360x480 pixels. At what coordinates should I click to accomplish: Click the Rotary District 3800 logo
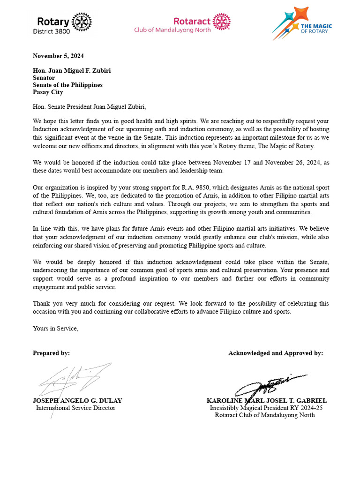pyautogui.click(x=62, y=24)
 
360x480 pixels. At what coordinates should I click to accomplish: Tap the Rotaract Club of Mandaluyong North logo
pyautogui.click(x=182, y=24)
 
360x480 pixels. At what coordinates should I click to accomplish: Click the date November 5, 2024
pyautogui.click(x=58, y=56)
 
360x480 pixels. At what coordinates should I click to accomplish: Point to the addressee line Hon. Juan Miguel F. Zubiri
pyautogui.click(x=72, y=71)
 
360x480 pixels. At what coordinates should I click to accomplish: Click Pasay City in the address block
pyautogui.click(x=48, y=92)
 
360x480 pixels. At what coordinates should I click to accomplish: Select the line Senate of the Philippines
pyautogui.click(x=67, y=85)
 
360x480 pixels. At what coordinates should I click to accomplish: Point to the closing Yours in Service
pyautogui.click(x=55, y=329)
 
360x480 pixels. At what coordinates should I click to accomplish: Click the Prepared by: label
pyautogui.click(x=51, y=353)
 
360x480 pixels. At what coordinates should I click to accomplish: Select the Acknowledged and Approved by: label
pyautogui.click(x=275, y=353)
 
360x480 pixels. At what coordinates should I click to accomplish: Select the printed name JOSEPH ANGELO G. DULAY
pyautogui.click(x=77, y=401)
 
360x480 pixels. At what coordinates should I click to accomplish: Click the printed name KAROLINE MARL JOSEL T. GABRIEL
pyautogui.click(x=266, y=401)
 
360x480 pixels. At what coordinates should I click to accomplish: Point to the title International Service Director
pyautogui.click(x=75, y=408)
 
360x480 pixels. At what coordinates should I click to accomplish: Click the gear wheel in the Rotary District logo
pyautogui.click(x=82, y=22)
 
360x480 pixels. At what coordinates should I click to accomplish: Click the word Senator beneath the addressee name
pyautogui.click(x=44, y=78)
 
